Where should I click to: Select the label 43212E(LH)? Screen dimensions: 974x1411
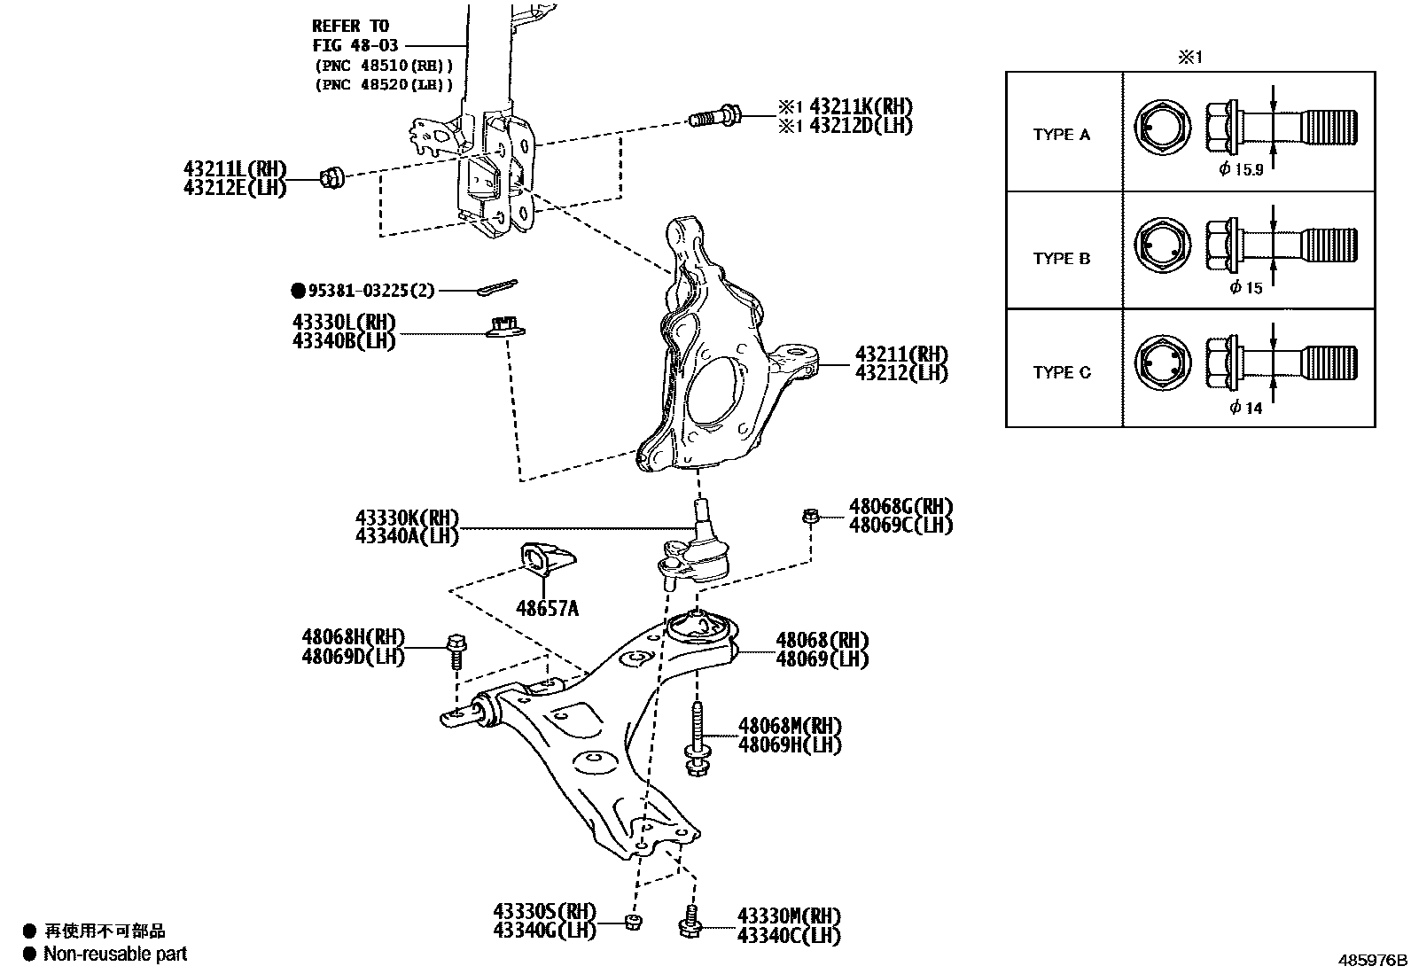coord(235,188)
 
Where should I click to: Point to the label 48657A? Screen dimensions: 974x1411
coord(547,608)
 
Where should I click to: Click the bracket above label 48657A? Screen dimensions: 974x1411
coord(546,561)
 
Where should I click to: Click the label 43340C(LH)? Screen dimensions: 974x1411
coord(788,935)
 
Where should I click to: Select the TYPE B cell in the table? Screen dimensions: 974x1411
coord(1062,259)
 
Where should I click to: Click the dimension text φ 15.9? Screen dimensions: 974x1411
coord(1241,169)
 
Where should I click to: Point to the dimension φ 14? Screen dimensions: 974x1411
coord(1245,408)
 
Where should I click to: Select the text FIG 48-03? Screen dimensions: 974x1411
coord(355,45)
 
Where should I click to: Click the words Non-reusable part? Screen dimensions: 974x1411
coord(115,955)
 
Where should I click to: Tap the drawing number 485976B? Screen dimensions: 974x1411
coord(1372,960)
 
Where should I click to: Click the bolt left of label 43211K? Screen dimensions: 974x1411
coord(714,115)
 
